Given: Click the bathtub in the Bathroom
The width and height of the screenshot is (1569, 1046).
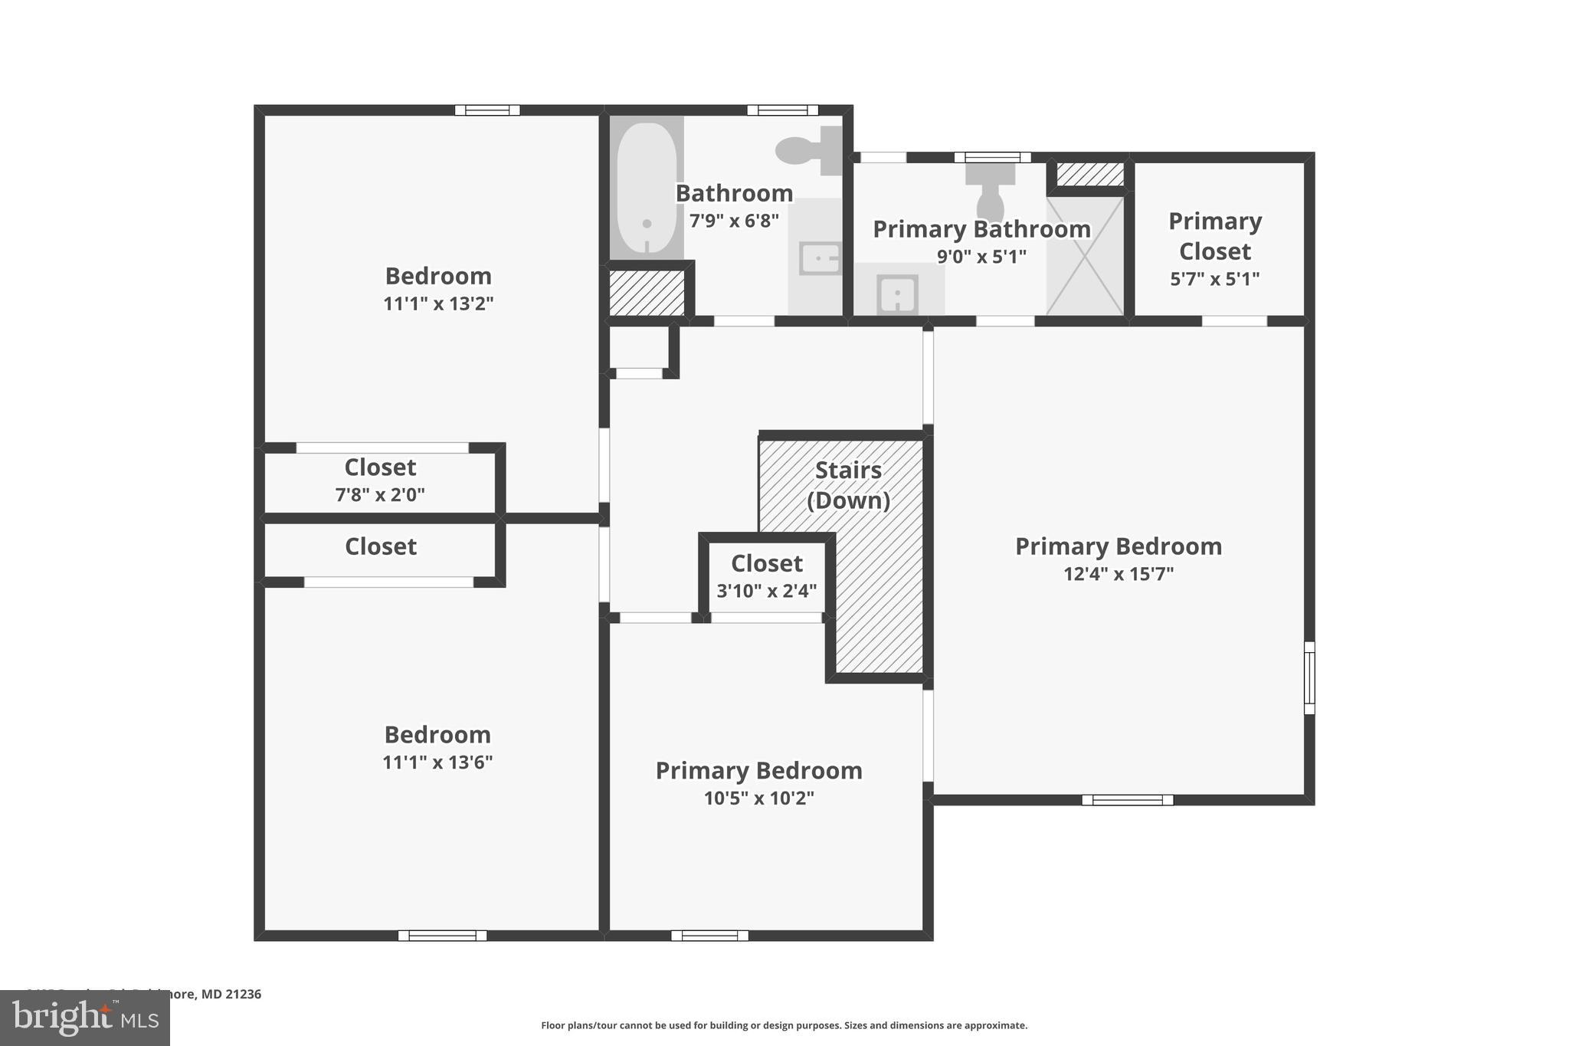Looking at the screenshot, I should click(x=647, y=188).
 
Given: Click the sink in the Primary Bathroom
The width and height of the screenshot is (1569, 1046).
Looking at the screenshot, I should click(x=897, y=293).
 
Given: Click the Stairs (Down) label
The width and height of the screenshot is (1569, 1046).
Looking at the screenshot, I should click(x=848, y=485).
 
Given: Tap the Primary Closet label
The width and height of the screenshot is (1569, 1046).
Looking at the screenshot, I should click(x=1214, y=236).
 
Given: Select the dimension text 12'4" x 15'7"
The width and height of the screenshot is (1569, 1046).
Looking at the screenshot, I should click(x=1118, y=574).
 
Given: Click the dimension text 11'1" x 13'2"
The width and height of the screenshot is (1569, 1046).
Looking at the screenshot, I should click(x=438, y=303).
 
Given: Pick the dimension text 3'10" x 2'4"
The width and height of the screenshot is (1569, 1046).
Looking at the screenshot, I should click(x=766, y=591).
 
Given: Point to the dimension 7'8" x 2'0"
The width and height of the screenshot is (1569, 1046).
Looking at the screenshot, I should click(x=380, y=494).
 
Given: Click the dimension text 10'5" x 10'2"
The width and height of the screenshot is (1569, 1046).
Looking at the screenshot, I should click(x=758, y=798).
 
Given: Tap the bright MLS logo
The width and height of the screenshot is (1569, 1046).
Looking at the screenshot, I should click(x=85, y=1018).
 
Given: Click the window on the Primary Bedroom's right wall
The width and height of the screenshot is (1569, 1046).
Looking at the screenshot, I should click(x=1309, y=677).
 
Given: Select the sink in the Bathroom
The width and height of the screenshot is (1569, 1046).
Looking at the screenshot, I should click(x=818, y=258).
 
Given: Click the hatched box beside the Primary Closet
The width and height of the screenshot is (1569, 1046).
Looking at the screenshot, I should click(x=1090, y=174).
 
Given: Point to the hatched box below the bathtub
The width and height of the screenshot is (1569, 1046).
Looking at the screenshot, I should click(x=647, y=292).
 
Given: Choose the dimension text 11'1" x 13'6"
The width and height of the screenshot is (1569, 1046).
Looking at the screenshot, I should click(x=437, y=762).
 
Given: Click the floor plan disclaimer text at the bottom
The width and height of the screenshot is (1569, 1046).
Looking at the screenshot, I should click(x=784, y=1025).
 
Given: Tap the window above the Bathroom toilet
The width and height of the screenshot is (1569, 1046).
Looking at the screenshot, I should click(x=782, y=110).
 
